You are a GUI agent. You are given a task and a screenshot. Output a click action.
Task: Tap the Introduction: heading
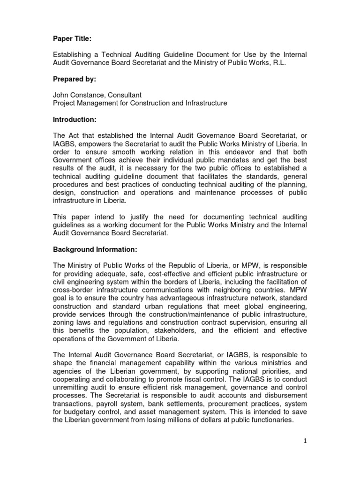(74, 120)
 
